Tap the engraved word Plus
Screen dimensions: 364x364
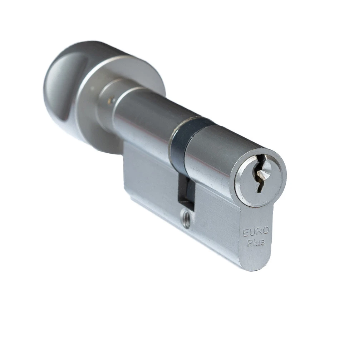click(256, 243)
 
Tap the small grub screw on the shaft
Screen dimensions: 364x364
click(112, 100)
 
